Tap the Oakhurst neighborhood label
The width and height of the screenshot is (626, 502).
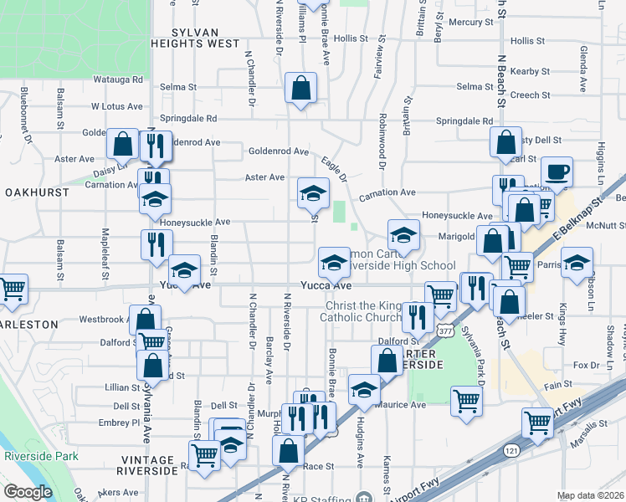pos(35,192)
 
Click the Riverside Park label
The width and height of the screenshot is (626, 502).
pos(40,456)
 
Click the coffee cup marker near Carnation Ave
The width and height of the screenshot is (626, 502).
pos(557,172)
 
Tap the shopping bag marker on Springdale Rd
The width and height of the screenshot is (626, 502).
pos(301,87)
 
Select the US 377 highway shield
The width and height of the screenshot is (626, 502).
pos(443,331)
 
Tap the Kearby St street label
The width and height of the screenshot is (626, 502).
pos(528,73)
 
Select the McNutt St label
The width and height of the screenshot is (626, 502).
pos(606,226)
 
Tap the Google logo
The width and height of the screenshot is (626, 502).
pos(28,492)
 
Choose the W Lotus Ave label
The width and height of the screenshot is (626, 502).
pos(118,106)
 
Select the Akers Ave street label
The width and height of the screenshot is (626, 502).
pos(117,494)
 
